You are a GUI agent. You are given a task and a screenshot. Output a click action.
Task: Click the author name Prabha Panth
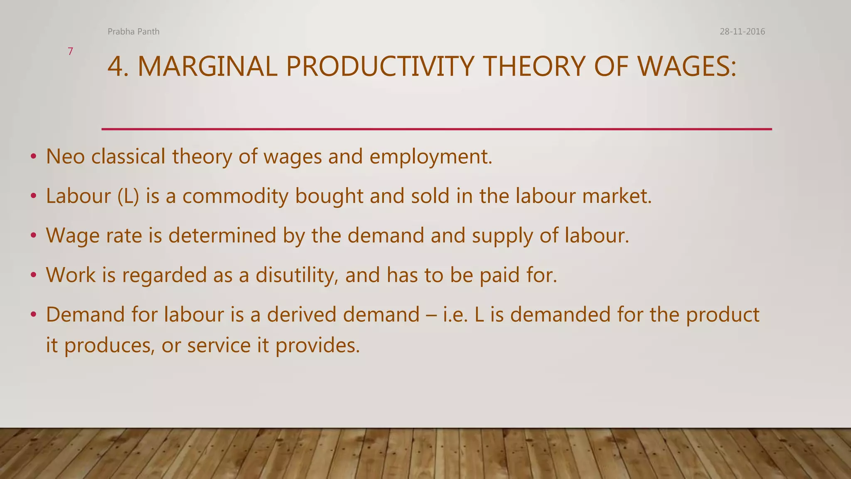click(x=133, y=32)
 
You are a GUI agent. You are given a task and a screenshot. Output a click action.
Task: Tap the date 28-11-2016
click(x=742, y=32)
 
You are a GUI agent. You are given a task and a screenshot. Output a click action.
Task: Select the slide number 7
click(x=70, y=52)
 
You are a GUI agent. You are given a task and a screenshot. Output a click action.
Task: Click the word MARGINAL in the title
click(x=207, y=67)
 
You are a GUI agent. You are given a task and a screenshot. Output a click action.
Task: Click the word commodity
click(x=235, y=196)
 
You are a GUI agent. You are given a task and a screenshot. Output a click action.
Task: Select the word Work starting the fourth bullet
click(x=71, y=275)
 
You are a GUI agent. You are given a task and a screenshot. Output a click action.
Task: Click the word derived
click(x=301, y=315)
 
